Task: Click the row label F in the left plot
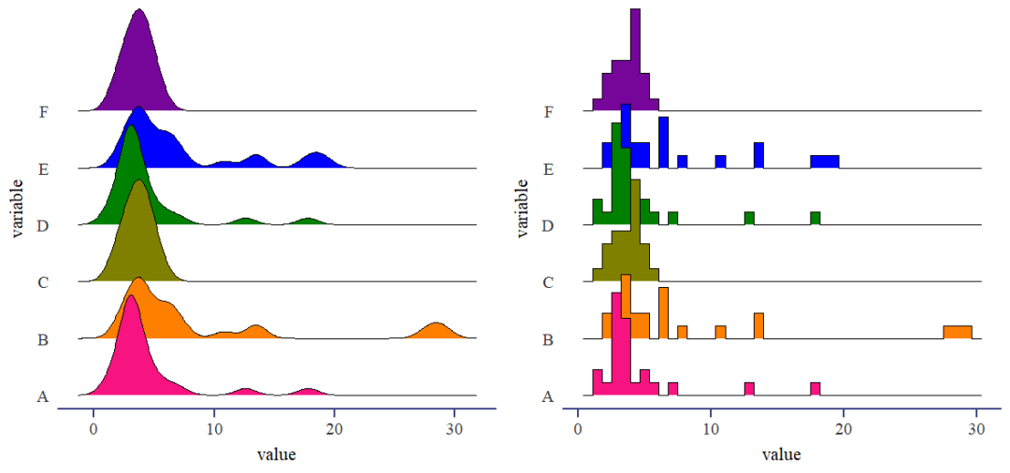click(43, 113)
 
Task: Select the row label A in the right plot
click(547, 396)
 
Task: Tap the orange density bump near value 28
click(435, 331)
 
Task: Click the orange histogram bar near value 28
click(958, 332)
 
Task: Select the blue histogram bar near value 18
click(825, 162)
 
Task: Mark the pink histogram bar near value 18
click(815, 389)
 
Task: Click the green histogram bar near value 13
click(749, 219)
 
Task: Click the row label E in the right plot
click(547, 170)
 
